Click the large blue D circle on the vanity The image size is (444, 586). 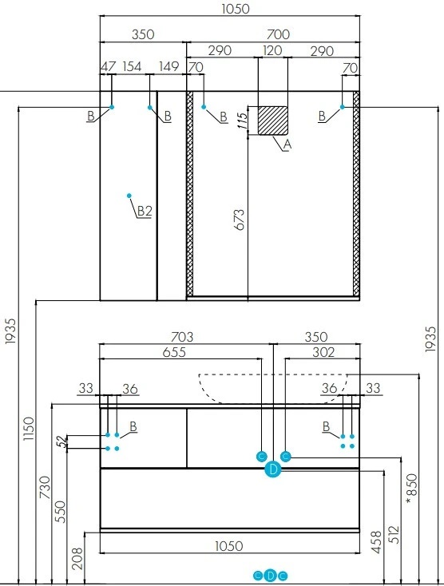pyautogui.click(x=273, y=469)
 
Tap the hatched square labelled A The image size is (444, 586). pyautogui.click(x=273, y=121)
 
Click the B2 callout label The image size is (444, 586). pyautogui.click(x=145, y=211)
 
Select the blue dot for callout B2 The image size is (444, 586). pyautogui.click(x=129, y=196)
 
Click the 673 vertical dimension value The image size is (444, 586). pyautogui.click(x=240, y=220)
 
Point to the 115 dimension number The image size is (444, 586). pyautogui.click(x=243, y=121)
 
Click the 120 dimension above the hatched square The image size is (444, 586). pyautogui.click(x=272, y=50)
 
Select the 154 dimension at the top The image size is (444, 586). pyautogui.click(x=132, y=66)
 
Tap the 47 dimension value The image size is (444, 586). pyautogui.click(x=109, y=66)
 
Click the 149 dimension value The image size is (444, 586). pyautogui.click(x=169, y=66)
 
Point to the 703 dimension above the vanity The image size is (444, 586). pyautogui.click(x=182, y=337)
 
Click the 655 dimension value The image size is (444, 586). pyautogui.click(x=174, y=352)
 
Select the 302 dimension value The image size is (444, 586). pyautogui.click(x=323, y=352)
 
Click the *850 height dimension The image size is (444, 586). pyautogui.click(x=410, y=489)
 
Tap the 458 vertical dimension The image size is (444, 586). pyautogui.click(x=377, y=542)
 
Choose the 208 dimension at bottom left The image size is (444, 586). pyautogui.click(x=77, y=558)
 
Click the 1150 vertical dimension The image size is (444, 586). pyautogui.click(x=29, y=429)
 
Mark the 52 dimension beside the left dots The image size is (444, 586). pyautogui.click(x=64, y=441)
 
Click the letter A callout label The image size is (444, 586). pyautogui.click(x=287, y=145)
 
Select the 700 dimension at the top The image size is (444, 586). pyautogui.click(x=278, y=34)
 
